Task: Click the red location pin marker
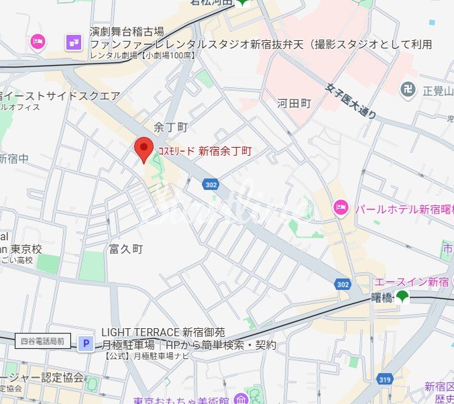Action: pos(144,148)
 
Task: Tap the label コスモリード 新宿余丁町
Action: pos(205,151)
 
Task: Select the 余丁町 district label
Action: pos(170,127)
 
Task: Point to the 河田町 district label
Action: pos(294,103)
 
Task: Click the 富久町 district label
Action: pos(126,249)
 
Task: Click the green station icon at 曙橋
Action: pos(402,297)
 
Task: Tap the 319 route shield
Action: pos(385,380)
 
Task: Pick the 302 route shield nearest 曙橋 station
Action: pos(343,285)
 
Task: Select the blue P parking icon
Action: pos(86,344)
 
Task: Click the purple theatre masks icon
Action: pos(74,42)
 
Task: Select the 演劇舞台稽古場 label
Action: pos(127,32)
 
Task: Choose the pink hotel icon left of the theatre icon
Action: pos(38,42)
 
